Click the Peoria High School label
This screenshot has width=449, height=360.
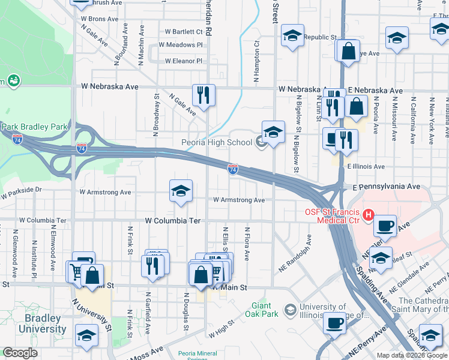pos(217,142)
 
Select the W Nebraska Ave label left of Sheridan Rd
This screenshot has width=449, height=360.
pos(110,86)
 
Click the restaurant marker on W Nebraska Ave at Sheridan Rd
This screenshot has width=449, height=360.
pos(203,95)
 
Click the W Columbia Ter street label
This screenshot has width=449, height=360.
pos(172,221)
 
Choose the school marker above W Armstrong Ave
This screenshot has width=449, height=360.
pos(181,191)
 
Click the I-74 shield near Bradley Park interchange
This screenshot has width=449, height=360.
pos(81,148)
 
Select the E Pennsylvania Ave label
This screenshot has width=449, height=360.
pos(386,187)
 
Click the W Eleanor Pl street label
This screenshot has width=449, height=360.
pos(183,61)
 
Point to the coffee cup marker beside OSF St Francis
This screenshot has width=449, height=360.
pos(385,226)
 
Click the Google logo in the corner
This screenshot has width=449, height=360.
pos(20,353)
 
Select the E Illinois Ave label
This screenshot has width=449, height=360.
pos(366,166)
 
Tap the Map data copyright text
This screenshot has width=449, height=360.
pos(412,355)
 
